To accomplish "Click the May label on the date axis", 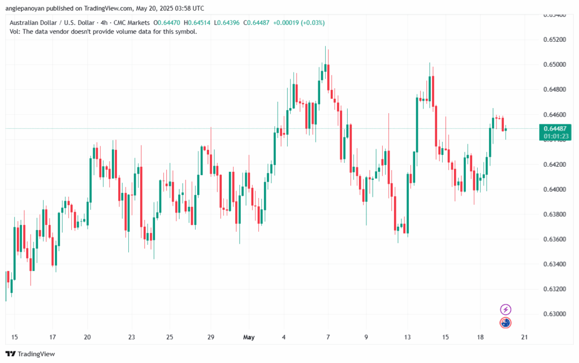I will click(249, 338).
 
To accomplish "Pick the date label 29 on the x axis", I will click(210, 338).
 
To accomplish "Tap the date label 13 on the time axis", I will click(407, 338).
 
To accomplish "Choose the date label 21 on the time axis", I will click(524, 338).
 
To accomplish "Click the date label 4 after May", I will click(284, 338).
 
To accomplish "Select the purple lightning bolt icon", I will click(506, 309).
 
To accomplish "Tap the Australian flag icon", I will click(506, 323).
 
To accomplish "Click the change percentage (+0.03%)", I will click(309, 23).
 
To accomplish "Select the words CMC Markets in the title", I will click(133, 23).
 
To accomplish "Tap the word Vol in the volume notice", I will click(15, 32).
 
